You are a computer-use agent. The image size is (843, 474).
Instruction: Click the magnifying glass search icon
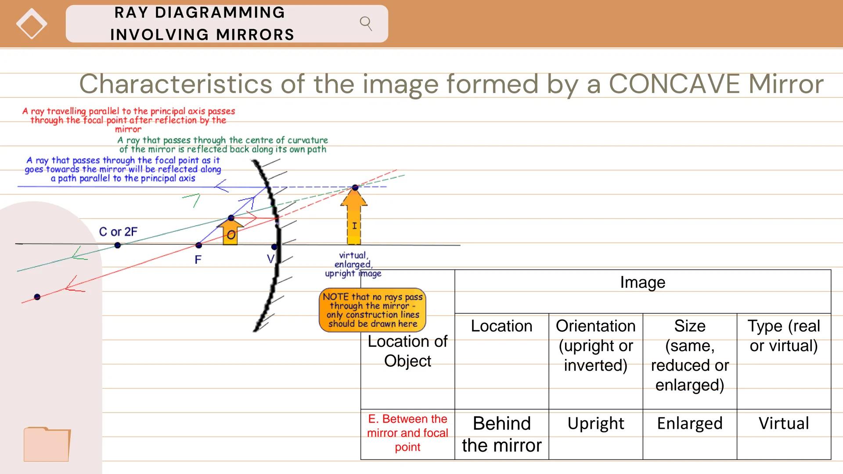[x=366, y=23]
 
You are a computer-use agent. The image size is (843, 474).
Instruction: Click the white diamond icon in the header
[x=32, y=24]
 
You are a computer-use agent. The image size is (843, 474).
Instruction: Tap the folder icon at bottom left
[x=47, y=444]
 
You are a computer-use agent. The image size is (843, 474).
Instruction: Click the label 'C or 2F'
[x=118, y=232]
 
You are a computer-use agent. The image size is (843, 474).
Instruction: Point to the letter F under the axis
[x=198, y=260]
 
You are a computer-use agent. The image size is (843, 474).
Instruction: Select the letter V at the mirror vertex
[x=270, y=259]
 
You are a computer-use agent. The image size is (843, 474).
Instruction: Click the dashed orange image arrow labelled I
[x=354, y=219]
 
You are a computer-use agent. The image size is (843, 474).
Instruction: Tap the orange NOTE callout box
[x=372, y=310]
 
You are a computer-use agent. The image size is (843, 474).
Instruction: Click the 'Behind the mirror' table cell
[x=501, y=434]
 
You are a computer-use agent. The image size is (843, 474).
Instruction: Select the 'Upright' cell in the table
[x=595, y=424]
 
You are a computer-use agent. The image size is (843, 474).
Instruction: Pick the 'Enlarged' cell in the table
[x=689, y=424]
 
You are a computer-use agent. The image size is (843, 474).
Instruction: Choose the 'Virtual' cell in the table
[x=783, y=424]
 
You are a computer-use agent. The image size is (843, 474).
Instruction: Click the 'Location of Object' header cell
[x=407, y=351]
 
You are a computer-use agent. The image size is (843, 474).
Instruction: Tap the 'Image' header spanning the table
[x=642, y=282]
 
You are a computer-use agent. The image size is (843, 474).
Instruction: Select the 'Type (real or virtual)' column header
[x=783, y=336]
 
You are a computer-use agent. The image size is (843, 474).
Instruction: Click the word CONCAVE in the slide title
[x=676, y=84]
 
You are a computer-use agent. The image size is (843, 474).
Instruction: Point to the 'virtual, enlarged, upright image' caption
[x=353, y=264]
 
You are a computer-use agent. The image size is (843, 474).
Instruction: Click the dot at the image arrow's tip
[x=355, y=188]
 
